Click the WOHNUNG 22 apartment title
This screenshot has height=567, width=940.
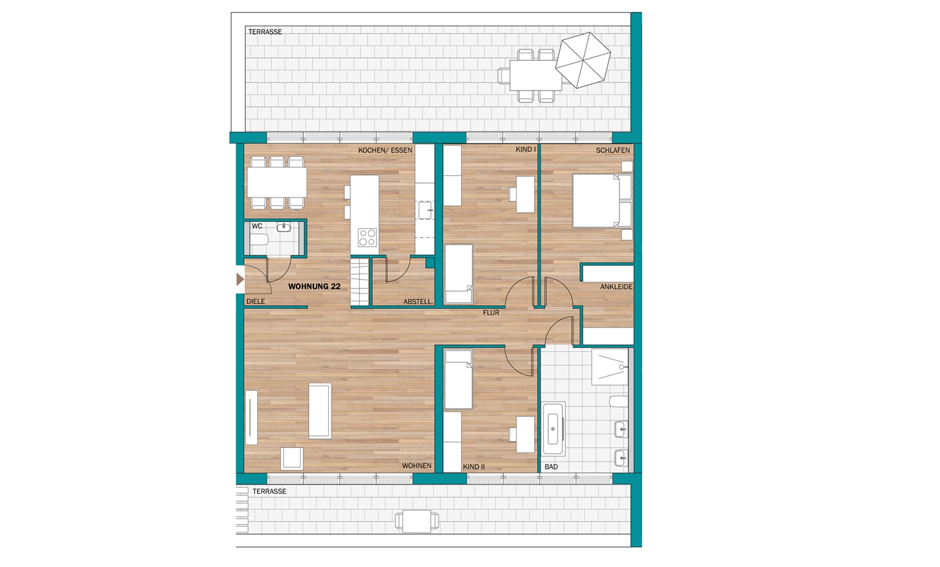314,286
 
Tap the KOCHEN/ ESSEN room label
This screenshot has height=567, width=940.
385,150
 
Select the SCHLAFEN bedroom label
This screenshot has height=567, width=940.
613,150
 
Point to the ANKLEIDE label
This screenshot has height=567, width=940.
616,287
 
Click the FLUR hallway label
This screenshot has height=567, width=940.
491,313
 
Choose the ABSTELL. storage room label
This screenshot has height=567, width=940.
418,302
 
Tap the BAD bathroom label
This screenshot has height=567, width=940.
551,467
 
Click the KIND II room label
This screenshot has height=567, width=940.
474,467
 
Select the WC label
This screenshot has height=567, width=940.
257,226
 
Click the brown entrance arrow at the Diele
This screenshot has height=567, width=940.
240,280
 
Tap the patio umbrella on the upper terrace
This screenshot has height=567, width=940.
583,60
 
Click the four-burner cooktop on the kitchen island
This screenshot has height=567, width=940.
367,237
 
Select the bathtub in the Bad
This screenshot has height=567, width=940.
554,429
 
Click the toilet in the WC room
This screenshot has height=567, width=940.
259,240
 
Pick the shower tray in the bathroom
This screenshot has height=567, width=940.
610,367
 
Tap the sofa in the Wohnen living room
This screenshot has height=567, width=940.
251,417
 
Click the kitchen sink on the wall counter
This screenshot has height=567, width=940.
425,210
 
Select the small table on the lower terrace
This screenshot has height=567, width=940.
417,521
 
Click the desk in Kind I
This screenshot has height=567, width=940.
525,194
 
